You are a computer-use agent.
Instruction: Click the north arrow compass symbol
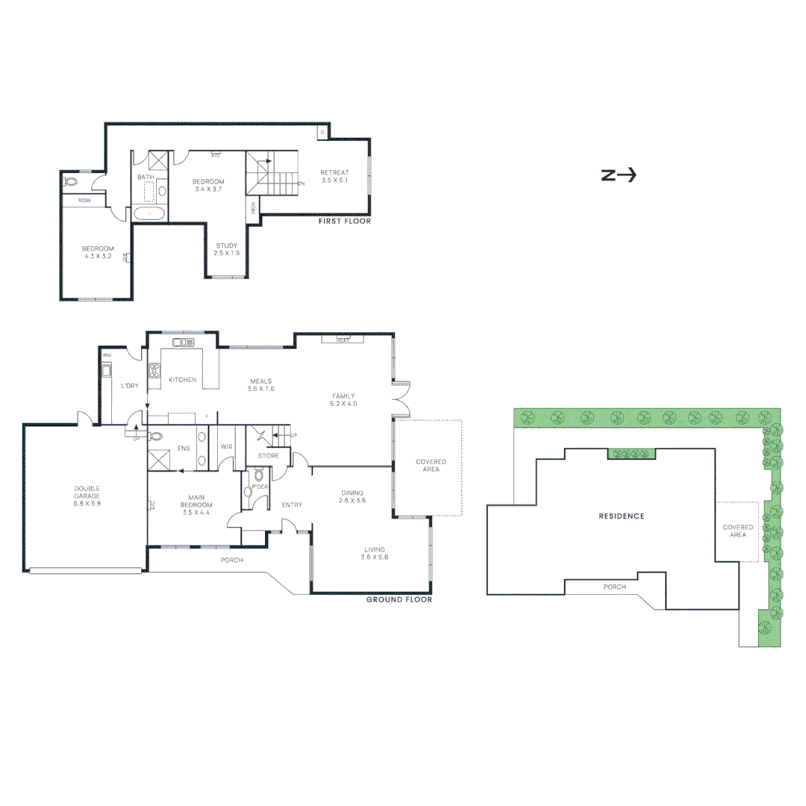618,175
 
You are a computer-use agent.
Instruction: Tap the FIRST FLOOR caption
344,222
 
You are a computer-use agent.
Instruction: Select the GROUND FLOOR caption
399,599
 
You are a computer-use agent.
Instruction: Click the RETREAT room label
334,172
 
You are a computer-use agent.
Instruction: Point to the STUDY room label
226,246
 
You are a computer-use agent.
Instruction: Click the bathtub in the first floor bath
150,213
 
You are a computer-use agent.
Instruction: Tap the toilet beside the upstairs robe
72,181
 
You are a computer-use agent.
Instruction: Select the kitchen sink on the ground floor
183,343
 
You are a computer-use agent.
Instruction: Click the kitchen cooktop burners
155,370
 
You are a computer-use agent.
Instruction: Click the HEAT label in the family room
343,340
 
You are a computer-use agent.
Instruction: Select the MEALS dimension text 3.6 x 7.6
261,389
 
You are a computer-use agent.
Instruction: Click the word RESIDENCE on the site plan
621,516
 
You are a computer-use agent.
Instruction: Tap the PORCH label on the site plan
615,587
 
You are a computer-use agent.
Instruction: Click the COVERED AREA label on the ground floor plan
431,466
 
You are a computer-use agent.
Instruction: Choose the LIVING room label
374,549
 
